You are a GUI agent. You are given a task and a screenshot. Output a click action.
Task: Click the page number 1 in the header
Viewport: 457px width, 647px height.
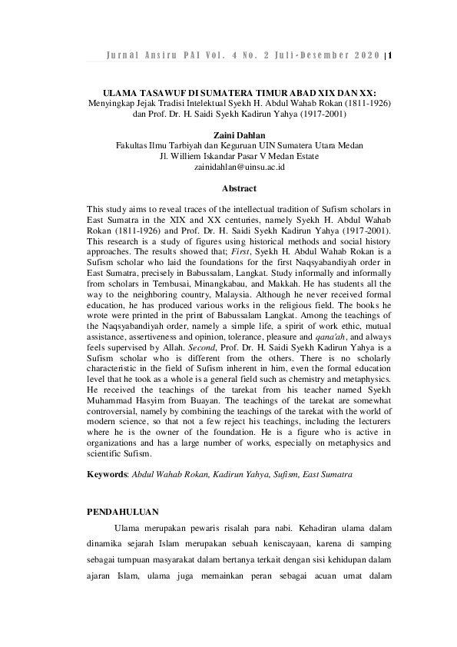click(x=391, y=56)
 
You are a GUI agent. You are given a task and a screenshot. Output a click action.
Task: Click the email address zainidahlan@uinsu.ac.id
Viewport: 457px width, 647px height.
click(x=239, y=166)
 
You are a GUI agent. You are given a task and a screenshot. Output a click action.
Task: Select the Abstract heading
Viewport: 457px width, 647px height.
click(x=239, y=188)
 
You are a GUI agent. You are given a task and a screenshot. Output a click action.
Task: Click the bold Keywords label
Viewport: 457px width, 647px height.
click(x=108, y=475)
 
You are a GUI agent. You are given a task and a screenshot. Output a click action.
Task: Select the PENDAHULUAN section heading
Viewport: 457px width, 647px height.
click(x=123, y=510)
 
